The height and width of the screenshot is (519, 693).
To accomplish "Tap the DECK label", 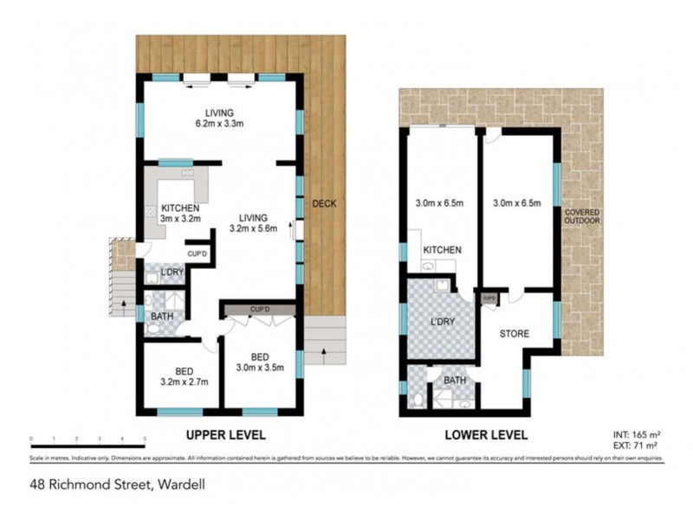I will [x=324, y=203].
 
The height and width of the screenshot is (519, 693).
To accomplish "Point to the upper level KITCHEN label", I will [x=180, y=214].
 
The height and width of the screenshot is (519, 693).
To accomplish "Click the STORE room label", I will [x=515, y=333].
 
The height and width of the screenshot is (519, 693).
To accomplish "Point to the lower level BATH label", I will [x=455, y=380].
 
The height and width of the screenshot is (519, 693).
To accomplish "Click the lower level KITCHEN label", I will [x=441, y=251].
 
